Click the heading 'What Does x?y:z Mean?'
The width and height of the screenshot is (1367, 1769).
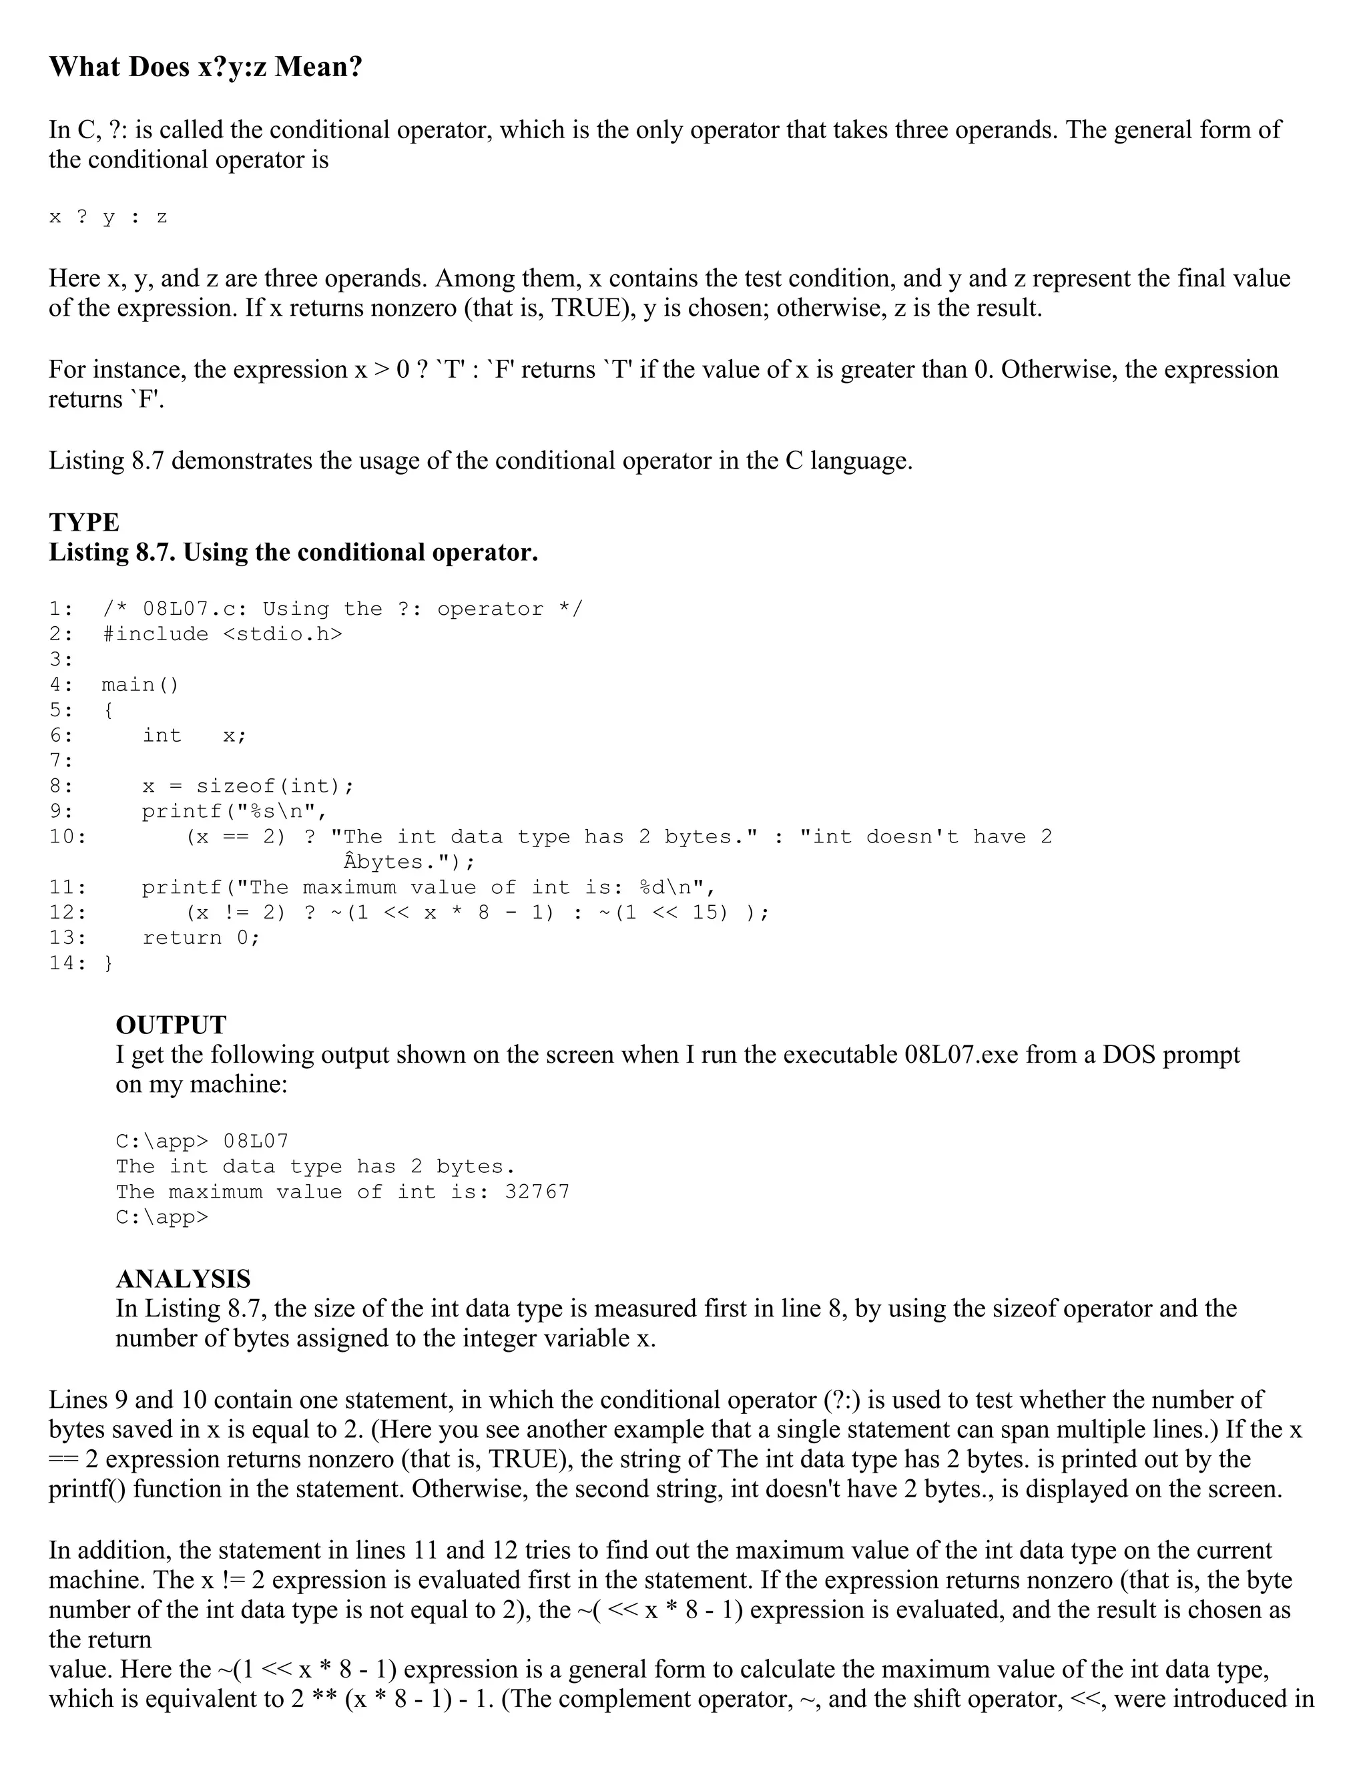pos(206,66)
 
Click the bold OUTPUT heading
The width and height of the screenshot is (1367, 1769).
pos(171,1025)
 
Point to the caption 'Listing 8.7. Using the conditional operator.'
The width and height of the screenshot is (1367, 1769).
pos(293,553)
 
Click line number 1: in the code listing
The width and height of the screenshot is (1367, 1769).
pos(61,609)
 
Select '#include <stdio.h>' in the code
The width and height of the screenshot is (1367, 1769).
pos(223,634)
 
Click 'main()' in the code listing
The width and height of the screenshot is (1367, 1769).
pos(140,686)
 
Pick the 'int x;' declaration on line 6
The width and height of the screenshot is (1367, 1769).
pos(194,736)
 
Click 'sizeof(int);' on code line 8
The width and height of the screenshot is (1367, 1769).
pos(276,786)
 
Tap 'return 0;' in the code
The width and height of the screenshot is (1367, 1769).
pos(201,938)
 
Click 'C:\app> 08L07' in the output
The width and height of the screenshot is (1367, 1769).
pos(202,1142)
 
